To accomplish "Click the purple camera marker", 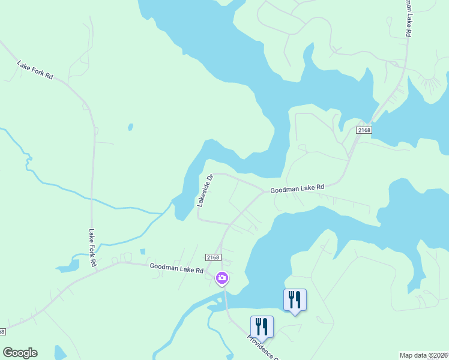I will point(222,277).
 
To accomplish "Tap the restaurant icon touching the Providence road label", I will point(262,326).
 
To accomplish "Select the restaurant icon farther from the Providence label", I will point(295,299).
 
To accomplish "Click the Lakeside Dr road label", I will point(204,191).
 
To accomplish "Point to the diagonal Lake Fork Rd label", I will point(35,70).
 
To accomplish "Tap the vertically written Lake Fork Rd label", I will point(92,247).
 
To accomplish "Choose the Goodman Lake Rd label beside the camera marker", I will point(177,269).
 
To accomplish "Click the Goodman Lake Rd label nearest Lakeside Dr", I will point(297,188).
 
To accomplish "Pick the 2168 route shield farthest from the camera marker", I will point(364,130).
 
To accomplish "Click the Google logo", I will point(20,353).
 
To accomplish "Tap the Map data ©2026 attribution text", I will point(424,355).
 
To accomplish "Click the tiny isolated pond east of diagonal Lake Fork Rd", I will point(130,127).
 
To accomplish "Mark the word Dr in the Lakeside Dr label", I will point(209,179).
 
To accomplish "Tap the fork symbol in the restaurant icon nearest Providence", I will point(259,326).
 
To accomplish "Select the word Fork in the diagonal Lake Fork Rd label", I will point(36,71).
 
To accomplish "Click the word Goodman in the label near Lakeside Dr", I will point(285,190).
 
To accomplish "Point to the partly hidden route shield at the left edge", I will point(2,332).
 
